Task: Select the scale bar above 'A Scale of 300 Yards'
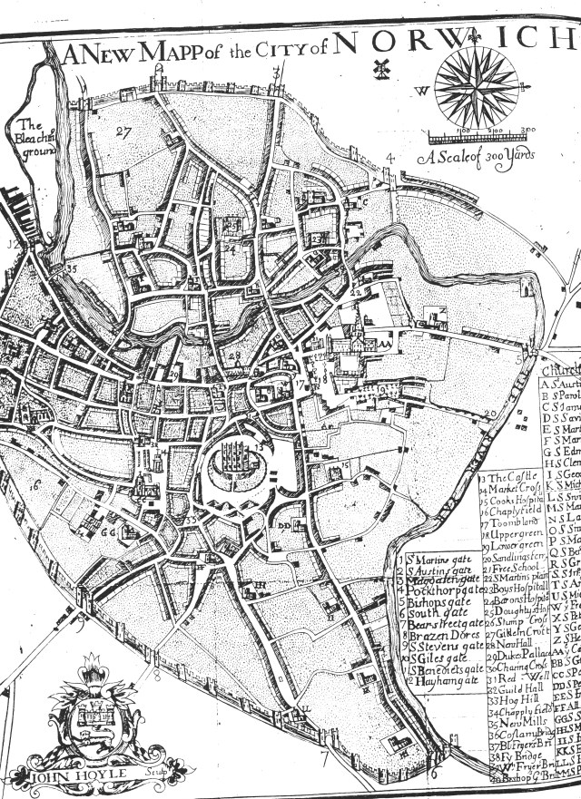click(x=482, y=137)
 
